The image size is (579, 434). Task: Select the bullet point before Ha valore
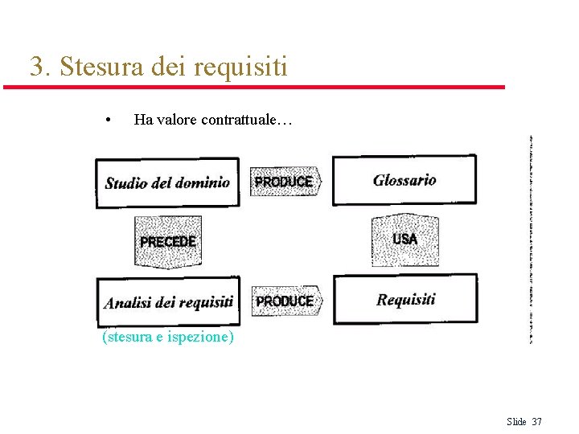point(108,121)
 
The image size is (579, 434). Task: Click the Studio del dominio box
point(167,183)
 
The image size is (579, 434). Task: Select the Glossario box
point(404,180)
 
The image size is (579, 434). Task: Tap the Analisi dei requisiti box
point(168,302)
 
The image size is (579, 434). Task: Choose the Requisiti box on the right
point(405,300)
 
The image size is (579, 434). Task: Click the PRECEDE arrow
point(167,241)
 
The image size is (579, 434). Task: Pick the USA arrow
point(404,240)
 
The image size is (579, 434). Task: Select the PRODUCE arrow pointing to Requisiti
point(285,301)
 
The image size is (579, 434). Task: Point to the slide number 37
point(537,422)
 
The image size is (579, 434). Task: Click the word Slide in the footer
point(516,422)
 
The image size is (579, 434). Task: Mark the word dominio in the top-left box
point(203,182)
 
